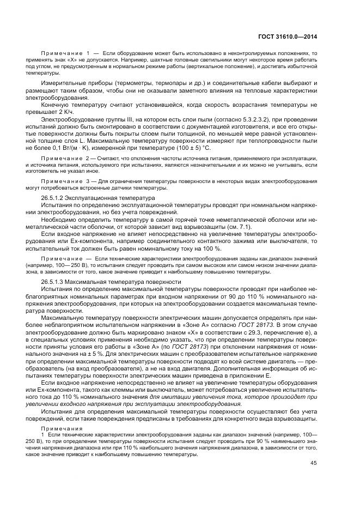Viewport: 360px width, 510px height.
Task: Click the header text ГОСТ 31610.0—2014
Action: pos(288,37)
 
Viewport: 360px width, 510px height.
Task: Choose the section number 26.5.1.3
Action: pos(53,282)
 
